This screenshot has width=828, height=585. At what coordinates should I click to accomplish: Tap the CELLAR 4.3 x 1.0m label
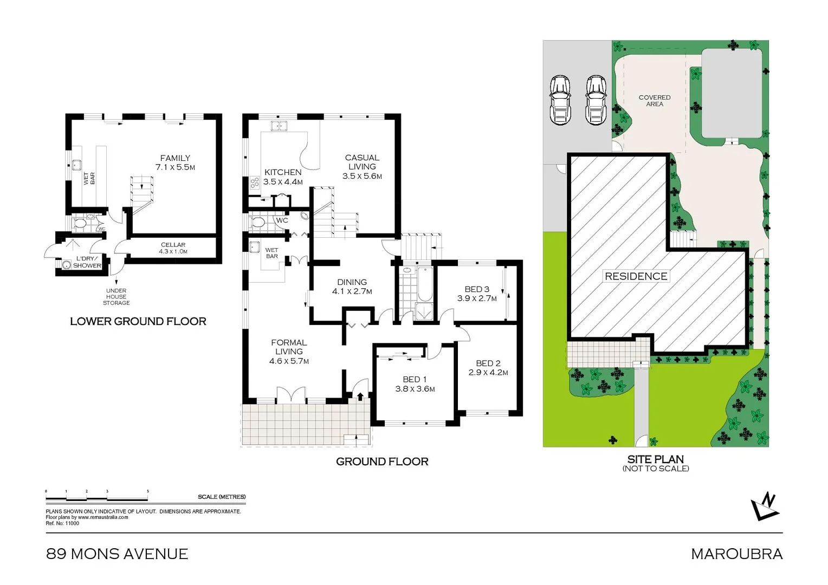(x=173, y=248)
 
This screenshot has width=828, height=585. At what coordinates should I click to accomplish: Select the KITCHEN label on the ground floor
(x=283, y=172)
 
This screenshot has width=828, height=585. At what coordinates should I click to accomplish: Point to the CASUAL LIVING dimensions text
(x=362, y=176)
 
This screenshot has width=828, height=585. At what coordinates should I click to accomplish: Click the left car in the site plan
(x=560, y=100)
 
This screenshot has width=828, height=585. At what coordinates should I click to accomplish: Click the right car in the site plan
(x=596, y=100)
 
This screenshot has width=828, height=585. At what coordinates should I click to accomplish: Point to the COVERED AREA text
(x=654, y=101)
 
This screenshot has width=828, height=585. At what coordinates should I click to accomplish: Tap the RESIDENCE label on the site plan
(x=636, y=276)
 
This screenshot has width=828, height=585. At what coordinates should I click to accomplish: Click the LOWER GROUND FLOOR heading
(x=138, y=321)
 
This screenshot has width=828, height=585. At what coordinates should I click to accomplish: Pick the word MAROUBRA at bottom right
(x=736, y=554)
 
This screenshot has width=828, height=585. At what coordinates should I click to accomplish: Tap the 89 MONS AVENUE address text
(x=117, y=554)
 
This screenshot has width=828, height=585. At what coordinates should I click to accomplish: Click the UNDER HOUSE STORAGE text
(x=117, y=297)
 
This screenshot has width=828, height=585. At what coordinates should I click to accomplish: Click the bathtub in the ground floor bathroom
(x=425, y=284)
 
